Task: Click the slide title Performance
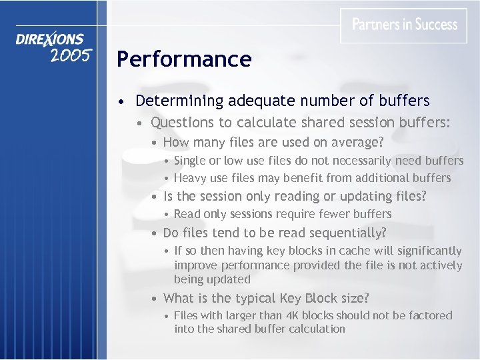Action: coord(184,59)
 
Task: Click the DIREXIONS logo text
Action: coord(50,39)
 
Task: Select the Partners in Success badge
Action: coord(404,25)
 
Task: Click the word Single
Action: coord(189,161)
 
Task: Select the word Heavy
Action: coord(190,178)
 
